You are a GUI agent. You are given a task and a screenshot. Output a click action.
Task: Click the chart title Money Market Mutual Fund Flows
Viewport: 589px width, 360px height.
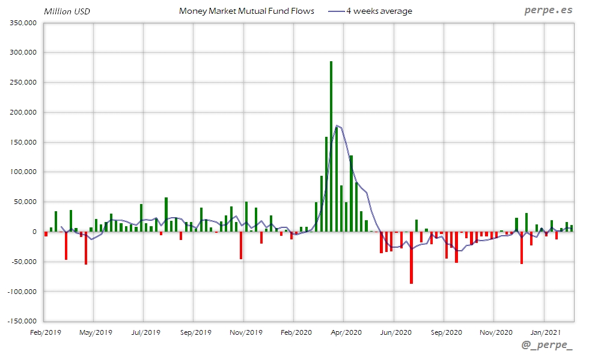click(x=246, y=11)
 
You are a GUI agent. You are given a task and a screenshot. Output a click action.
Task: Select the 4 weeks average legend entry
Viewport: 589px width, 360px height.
click(x=379, y=11)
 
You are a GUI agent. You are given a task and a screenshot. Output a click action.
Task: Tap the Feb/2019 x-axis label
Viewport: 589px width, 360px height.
click(x=46, y=332)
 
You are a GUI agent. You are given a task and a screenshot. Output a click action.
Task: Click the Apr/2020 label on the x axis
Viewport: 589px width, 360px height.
click(x=346, y=332)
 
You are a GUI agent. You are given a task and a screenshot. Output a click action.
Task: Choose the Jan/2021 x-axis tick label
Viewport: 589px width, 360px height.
click(x=545, y=332)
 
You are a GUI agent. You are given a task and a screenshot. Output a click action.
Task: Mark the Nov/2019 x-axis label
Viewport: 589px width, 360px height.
click(x=245, y=332)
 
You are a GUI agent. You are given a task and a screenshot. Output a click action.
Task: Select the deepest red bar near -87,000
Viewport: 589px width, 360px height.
click(x=411, y=258)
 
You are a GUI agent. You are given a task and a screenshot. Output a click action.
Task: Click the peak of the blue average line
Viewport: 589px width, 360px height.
click(x=338, y=125)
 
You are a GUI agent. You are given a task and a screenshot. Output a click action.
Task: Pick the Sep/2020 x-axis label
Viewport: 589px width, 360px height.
click(x=445, y=332)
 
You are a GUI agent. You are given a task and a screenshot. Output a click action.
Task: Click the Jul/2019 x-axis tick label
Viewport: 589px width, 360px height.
click(x=145, y=332)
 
